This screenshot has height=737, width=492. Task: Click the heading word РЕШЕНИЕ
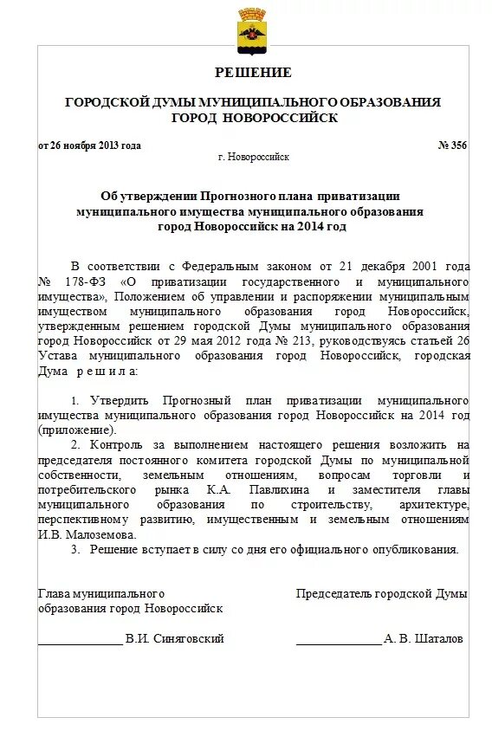[253, 73]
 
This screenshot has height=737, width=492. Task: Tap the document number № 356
[452, 145]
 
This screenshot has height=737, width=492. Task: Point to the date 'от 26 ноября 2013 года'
[89, 145]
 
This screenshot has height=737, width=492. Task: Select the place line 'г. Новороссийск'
[253, 158]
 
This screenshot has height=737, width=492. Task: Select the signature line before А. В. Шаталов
[338, 643]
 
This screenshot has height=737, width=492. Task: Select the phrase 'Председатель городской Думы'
[381, 594]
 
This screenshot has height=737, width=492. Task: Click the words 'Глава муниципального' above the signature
[101, 594]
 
